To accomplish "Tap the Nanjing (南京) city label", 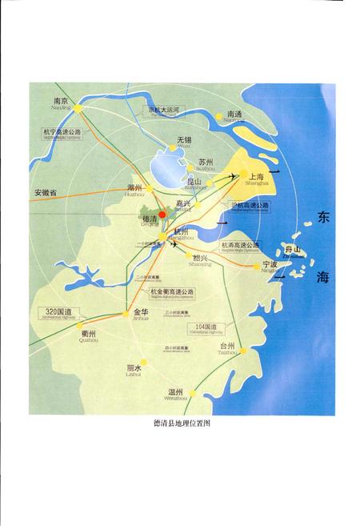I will tap(60, 102).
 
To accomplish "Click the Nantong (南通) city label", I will tap(234, 115).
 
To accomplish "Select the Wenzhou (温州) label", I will tap(177, 392).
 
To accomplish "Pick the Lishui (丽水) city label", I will tap(134, 368).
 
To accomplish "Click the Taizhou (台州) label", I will tap(227, 346).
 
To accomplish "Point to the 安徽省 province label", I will tap(47, 194).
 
